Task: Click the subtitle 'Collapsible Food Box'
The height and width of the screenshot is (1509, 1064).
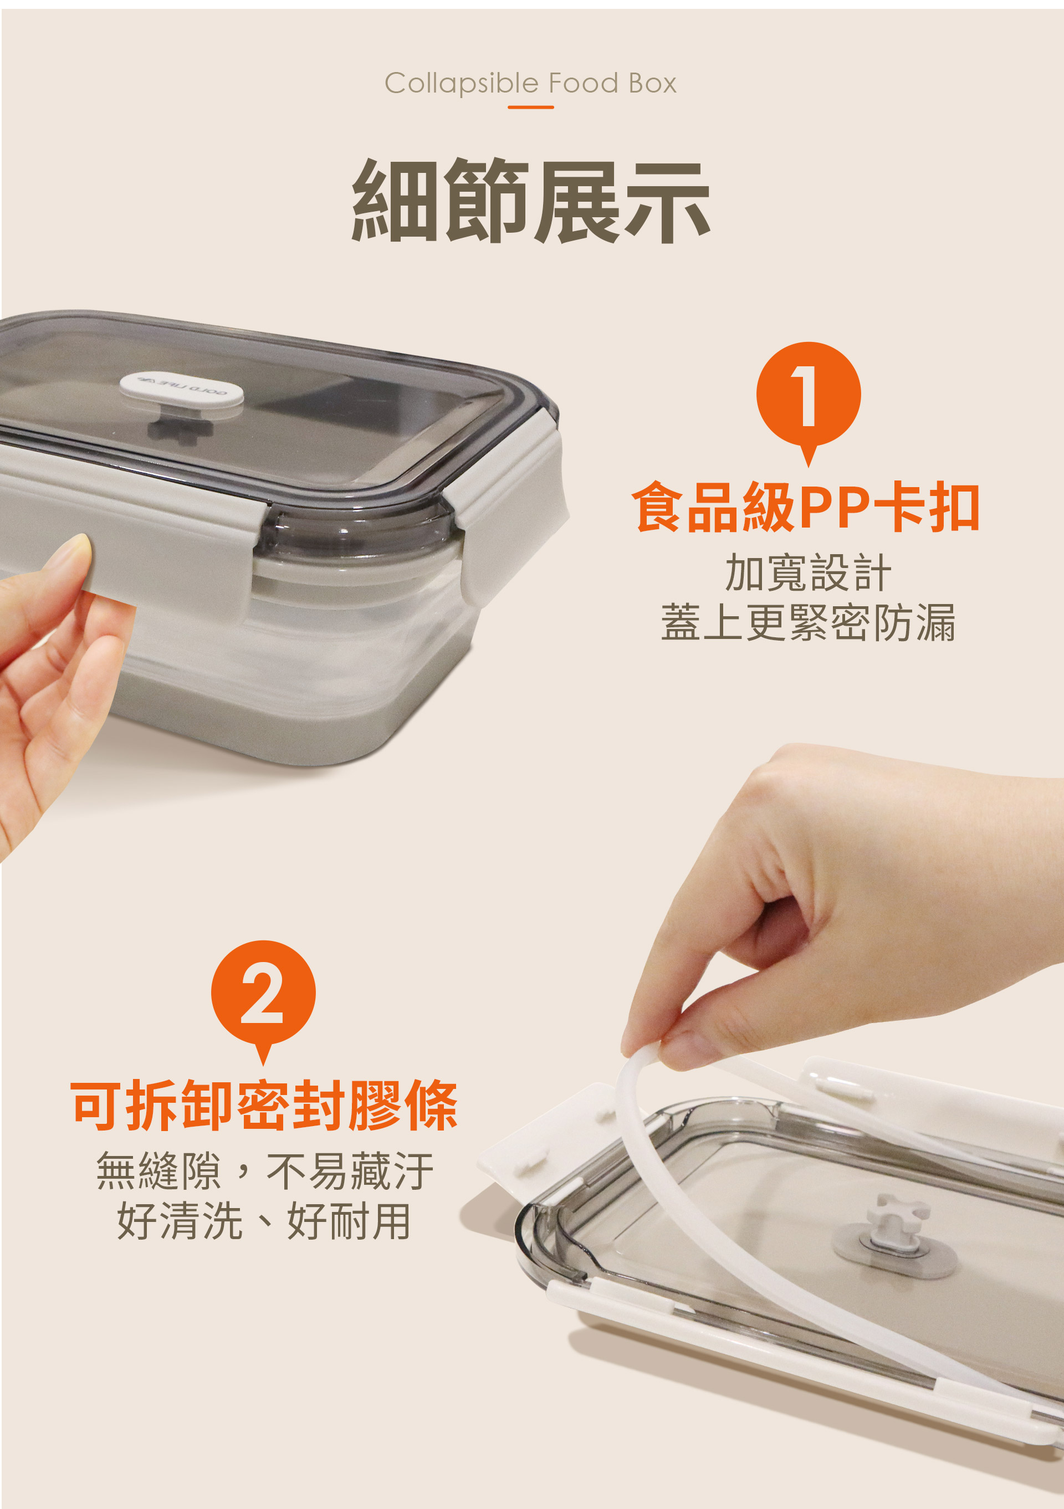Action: [530, 84]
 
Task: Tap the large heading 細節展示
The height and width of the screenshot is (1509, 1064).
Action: [531, 201]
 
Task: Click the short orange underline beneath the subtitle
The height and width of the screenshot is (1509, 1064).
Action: [530, 107]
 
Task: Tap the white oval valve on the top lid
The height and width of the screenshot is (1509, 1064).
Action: [181, 392]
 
